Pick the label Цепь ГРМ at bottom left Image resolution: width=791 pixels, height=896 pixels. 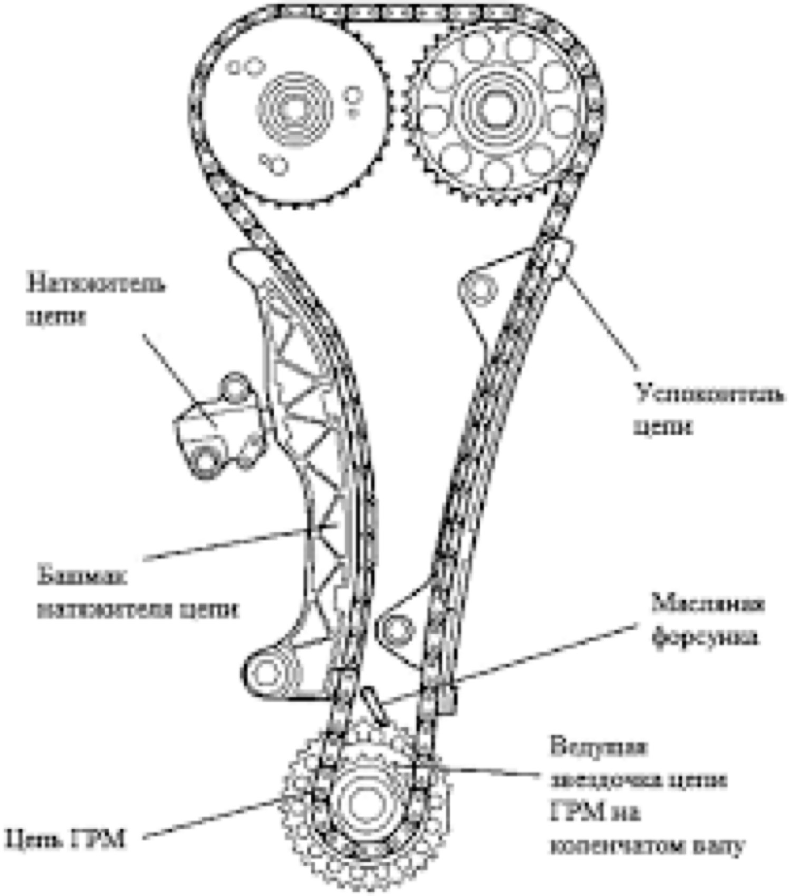pos(65,838)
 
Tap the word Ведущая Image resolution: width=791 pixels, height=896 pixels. pos(598,747)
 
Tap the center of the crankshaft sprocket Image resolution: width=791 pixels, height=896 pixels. pos(364,802)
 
